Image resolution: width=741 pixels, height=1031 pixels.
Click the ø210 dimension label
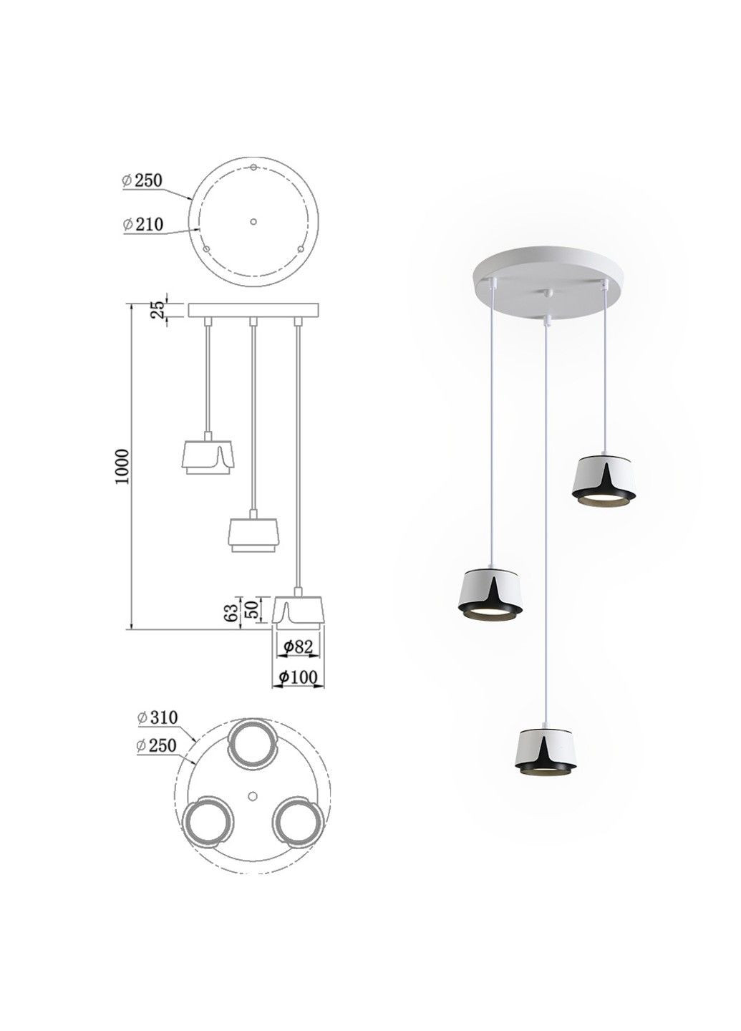click(x=142, y=225)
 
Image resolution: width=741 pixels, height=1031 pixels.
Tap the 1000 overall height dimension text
click(x=124, y=466)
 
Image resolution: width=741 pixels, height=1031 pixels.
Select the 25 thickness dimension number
click(x=158, y=310)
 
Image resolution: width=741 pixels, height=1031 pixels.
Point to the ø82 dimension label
click(x=298, y=647)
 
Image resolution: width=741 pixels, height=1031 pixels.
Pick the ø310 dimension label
click(x=158, y=717)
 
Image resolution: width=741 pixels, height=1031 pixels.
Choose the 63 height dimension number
click(x=233, y=611)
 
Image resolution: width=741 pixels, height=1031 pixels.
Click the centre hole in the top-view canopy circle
click(x=252, y=221)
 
